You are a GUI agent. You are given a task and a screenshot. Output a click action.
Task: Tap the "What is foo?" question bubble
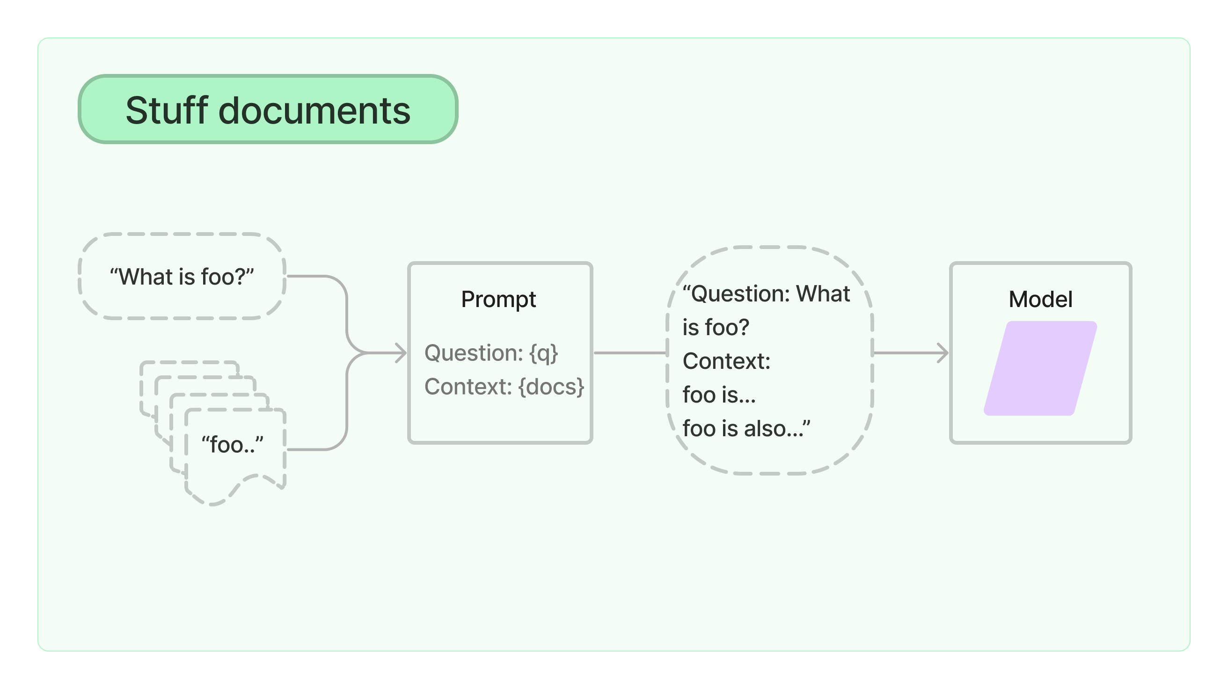182,277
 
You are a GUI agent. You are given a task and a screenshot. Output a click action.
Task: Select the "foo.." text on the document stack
232,444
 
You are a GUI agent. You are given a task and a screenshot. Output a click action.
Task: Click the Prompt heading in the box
498,300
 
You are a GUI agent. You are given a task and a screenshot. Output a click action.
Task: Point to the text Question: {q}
491,353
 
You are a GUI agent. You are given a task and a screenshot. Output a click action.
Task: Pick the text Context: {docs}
504,387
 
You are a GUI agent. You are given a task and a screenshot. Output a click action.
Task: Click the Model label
1040,300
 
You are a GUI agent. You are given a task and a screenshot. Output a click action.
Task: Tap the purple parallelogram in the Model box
1040,368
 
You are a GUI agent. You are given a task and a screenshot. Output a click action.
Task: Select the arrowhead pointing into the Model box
943,353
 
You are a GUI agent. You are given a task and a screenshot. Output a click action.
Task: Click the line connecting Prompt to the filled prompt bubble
629,353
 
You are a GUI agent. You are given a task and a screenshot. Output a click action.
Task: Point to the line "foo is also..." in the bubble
746,429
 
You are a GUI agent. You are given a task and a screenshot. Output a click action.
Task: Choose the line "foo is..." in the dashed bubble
719,395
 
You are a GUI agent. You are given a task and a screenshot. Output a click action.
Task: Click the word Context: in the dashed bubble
726,361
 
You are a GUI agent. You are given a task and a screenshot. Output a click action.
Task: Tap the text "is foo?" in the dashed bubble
716,328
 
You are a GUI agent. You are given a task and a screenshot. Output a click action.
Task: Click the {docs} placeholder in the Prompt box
551,387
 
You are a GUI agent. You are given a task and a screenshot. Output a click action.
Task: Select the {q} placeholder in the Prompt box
543,353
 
